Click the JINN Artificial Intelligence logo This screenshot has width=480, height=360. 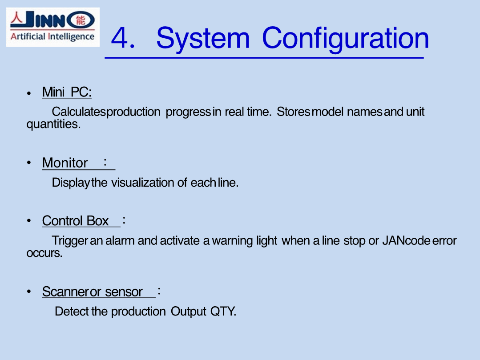pos(52,27)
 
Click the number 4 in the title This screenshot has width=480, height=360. pos(120,38)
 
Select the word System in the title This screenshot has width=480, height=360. pos(203,39)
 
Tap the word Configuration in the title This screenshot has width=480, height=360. pos(346,39)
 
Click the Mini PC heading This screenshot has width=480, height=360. pos(67,92)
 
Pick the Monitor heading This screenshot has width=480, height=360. pos(65,163)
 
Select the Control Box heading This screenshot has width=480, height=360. pos(75,221)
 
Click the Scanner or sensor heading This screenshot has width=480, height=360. pos(92,292)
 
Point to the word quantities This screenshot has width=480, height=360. pos(53,124)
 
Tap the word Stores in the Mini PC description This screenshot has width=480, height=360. pos(294,112)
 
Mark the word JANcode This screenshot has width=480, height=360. pos(406,241)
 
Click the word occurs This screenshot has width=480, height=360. pos(44,253)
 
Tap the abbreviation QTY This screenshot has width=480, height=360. pos(223,312)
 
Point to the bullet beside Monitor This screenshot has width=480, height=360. pos(29,163)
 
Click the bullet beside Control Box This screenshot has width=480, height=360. pos(29,221)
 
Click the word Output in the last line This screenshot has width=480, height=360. pos(188,312)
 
